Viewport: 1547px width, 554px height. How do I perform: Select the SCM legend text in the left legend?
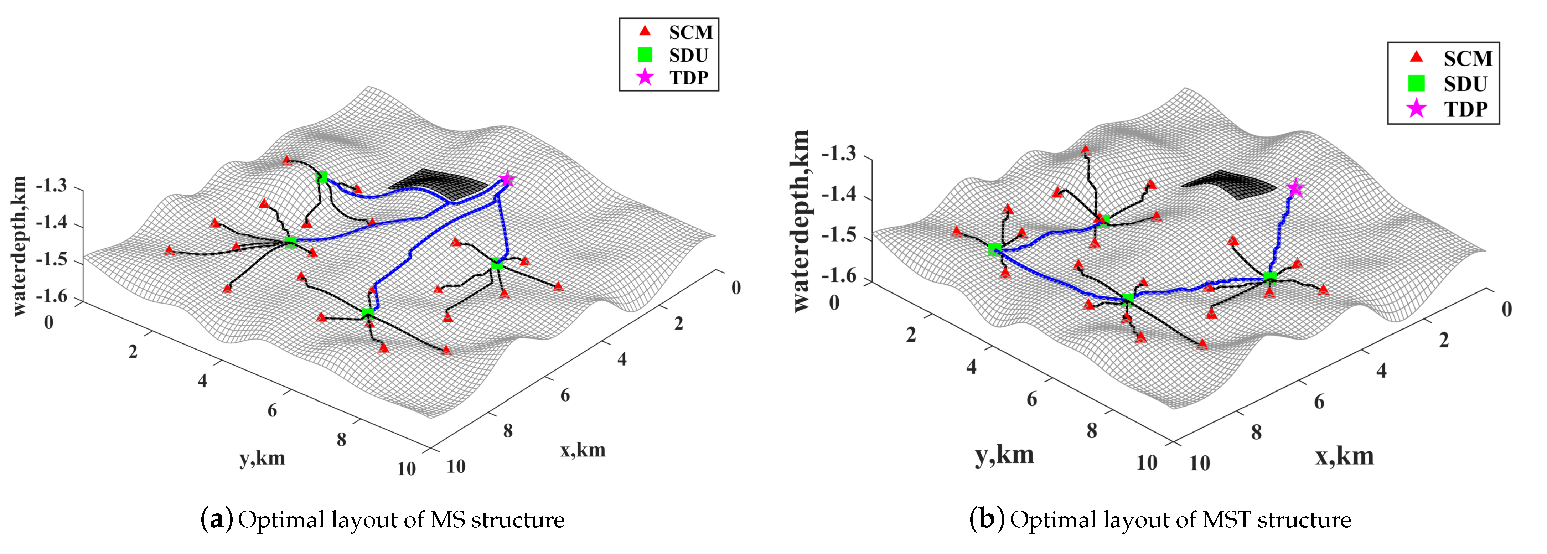pyautogui.click(x=690, y=32)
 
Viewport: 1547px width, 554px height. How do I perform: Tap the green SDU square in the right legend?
pyautogui.click(x=1416, y=83)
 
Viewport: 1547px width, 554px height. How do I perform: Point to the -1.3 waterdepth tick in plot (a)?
pyautogui.click(x=52, y=186)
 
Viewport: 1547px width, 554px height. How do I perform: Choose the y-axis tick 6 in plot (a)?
pyautogui.click(x=272, y=410)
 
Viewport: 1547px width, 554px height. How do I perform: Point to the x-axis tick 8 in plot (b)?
pyautogui.click(x=1256, y=432)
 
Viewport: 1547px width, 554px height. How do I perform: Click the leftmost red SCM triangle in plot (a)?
pyautogui.click(x=169, y=250)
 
